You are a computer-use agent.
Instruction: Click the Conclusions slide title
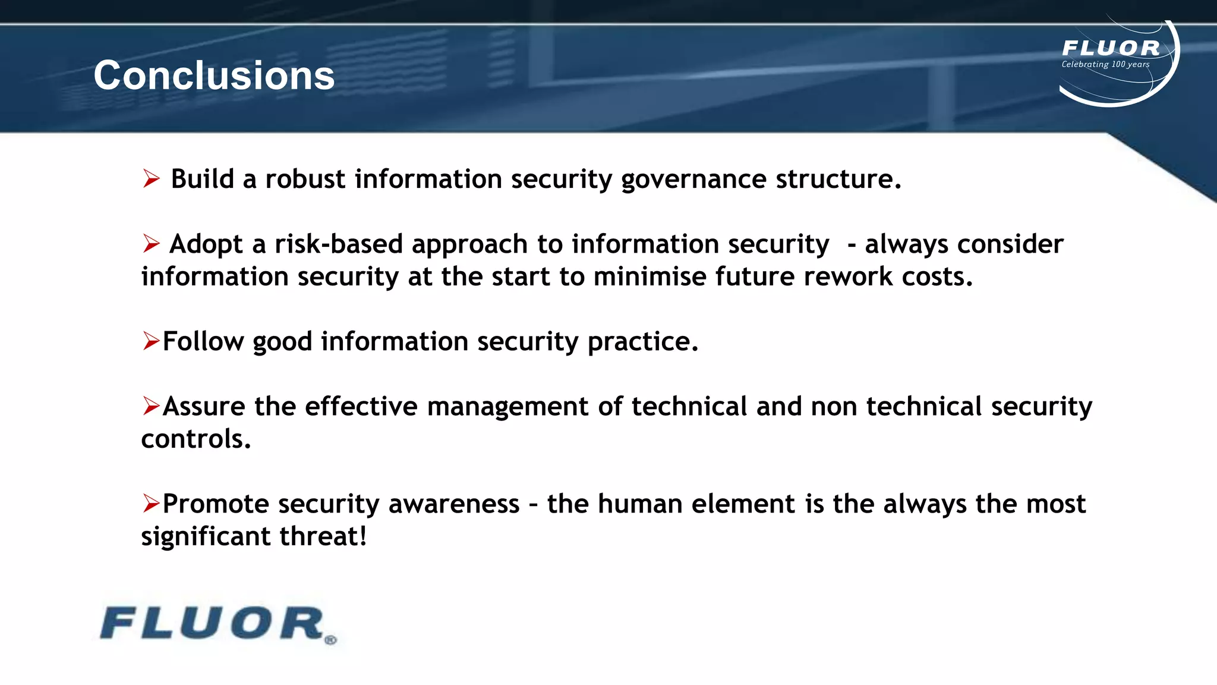point(214,76)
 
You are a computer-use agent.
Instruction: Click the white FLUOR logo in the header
point(1111,48)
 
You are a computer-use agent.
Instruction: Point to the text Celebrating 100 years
point(1105,64)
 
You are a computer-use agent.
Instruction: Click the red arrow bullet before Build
point(152,178)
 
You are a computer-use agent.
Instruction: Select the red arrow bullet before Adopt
point(152,243)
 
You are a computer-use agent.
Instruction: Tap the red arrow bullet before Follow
point(151,341)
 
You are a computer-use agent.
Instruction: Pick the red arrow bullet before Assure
point(151,406)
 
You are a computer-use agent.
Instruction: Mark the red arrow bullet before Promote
point(151,503)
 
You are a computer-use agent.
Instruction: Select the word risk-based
point(339,244)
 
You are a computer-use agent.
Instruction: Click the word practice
point(642,342)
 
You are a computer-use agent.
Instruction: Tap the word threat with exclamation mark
point(323,536)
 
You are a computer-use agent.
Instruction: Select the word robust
point(305,179)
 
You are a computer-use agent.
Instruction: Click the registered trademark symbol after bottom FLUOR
point(331,640)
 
